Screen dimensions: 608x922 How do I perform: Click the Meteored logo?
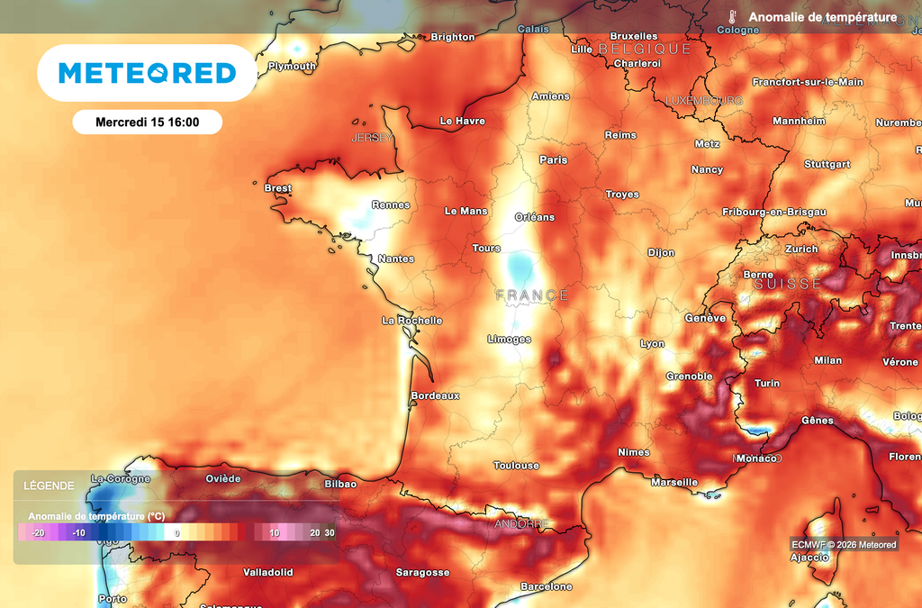(x=147, y=73)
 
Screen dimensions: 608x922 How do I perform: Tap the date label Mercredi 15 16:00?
(x=147, y=122)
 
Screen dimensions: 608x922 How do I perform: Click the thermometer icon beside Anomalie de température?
(x=734, y=17)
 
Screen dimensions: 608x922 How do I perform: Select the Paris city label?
(x=553, y=159)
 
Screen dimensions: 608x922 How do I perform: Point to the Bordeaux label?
(x=435, y=395)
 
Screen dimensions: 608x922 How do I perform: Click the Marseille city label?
(x=673, y=482)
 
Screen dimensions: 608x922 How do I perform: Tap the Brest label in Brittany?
(x=277, y=188)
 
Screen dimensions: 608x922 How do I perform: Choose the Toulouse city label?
(x=516, y=465)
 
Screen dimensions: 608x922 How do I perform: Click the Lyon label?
(x=652, y=343)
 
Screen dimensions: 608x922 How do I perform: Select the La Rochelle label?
(x=411, y=320)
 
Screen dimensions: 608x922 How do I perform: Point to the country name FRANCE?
(x=532, y=295)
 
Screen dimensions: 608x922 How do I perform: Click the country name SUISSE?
(x=788, y=284)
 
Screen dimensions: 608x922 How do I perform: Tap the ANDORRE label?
(x=521, y=523)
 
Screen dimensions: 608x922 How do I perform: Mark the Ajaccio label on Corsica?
(x=809, y=557)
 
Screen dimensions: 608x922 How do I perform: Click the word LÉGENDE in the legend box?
(x=49, y=485)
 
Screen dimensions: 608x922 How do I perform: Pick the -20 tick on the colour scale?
(x=38, y=532)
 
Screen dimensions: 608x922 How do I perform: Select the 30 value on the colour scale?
(x=330, y=532)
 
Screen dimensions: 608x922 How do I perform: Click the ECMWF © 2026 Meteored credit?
(x=844, y=544)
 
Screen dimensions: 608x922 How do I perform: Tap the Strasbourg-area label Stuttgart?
(x=827, y=164)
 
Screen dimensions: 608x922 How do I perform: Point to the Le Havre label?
(x=462, y=121)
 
